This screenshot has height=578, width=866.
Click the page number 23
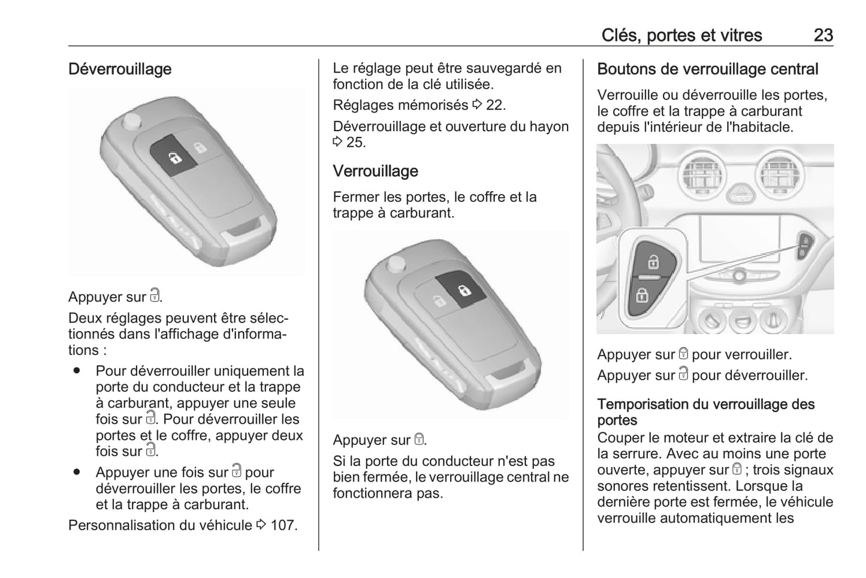(823, 35)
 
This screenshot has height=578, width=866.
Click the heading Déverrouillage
(120, 69)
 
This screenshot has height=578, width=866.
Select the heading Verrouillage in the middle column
(375, 171)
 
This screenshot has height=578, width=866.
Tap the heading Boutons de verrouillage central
(707, 69)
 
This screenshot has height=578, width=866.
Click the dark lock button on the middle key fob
(461, 290)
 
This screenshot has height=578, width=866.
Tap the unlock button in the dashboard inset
(653, 261)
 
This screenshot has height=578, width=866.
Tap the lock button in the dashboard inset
(642, 295)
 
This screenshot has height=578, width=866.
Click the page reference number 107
(283, 525)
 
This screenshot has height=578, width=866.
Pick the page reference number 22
(496, 105)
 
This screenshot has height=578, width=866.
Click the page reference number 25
(355, 143)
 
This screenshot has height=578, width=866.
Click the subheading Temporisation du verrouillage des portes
(705, 412)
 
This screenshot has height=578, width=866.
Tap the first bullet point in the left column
(76, 371)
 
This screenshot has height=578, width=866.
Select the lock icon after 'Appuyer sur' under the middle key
(419, 440)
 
